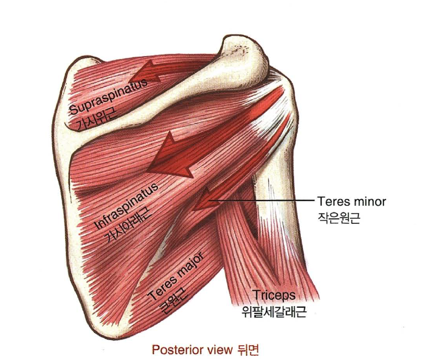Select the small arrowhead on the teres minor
point(202,199)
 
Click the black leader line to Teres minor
point(261,201)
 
